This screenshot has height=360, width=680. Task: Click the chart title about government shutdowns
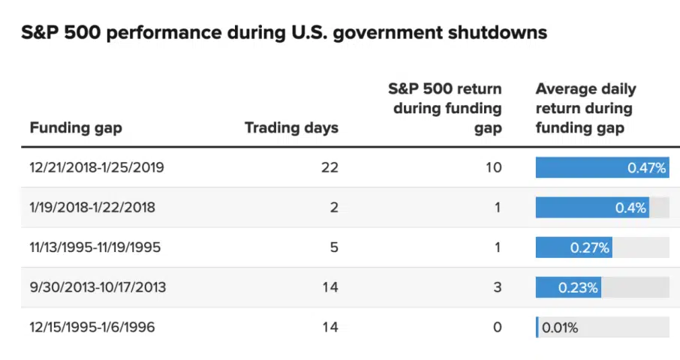click(x=284, y=33)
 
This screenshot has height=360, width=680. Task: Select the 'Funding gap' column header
click(x=75, y=127)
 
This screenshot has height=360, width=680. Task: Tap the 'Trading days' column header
click(x=291, y=127)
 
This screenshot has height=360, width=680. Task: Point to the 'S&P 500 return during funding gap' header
click(x=444, y=109)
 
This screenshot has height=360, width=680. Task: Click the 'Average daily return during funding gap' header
click(x=585, y=109)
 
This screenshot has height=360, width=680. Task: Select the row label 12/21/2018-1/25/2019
click(x=97, y=167)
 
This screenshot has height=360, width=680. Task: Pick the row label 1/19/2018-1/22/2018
click(x=92, y=207)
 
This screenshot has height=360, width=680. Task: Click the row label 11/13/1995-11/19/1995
click(x=95, y=247)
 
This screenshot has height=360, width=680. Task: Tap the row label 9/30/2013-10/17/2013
click(x=98, y=287)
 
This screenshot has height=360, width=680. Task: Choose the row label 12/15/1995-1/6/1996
click(x=93, y=327)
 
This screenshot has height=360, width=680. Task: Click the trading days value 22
click(x=329, y=167)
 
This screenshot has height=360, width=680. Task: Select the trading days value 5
click(x=334, y=247)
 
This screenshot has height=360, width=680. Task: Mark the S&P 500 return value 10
click(x=492, y=167)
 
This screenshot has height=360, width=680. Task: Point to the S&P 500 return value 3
click(x=497, y=287)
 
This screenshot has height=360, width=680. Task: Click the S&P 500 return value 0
click(x=497, y=327)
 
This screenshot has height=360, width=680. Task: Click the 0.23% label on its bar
click(x=578, y=287)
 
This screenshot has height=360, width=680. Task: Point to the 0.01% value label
click(x=560, y=328)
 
